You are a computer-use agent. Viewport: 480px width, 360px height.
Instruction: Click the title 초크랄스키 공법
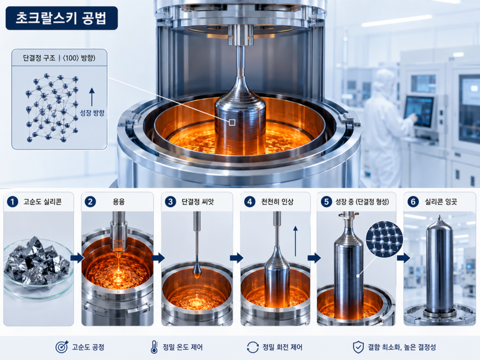tap(61, 18)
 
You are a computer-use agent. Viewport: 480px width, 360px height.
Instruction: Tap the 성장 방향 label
tap(92, 113)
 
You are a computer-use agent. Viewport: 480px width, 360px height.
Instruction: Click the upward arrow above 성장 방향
tap(92, 97)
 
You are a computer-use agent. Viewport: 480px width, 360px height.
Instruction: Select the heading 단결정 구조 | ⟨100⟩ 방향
tap(59, 58)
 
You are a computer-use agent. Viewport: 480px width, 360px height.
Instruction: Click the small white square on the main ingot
tap(232, 122)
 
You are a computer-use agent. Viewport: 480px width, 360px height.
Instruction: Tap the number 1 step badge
tap(13, 202)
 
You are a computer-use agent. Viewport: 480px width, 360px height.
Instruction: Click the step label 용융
tap(119, 202)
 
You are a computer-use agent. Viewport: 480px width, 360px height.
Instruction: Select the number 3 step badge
tap(171, 202)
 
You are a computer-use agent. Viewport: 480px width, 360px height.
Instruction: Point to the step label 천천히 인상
tap(277, 202)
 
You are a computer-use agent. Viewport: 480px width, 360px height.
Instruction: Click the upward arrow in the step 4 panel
tap(295, 241)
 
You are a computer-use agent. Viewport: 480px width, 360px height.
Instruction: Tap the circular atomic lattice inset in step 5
tap(384, 239)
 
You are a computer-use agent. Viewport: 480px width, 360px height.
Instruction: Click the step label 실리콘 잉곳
tap(441, 202)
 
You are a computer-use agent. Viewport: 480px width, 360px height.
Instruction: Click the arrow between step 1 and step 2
tap(77, 258)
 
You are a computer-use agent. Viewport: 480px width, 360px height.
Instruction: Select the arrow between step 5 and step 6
tap(404, 258)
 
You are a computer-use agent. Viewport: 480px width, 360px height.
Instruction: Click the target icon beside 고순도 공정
tap(62, 347)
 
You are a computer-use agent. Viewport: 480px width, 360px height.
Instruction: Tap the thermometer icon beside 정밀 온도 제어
tap(154, 347)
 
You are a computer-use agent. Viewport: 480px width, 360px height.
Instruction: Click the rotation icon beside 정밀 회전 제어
tap(253, 347)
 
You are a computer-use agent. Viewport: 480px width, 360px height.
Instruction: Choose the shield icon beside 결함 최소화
tap(359, 347)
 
